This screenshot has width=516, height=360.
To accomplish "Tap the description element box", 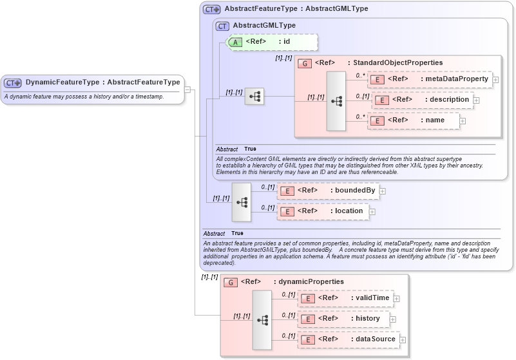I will coord(423,100).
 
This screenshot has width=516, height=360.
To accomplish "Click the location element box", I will coord(323,211).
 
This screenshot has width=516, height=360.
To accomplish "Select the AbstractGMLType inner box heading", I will coord(264,25).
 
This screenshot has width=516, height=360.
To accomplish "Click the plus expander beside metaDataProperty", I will coord(496,80).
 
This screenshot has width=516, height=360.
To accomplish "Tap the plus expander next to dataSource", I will coord(403,340).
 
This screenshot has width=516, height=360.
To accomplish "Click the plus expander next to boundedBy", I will coord(383,191).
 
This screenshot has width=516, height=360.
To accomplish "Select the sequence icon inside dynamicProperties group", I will coord(262,319).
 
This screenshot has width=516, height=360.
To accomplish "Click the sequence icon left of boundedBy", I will coord(242,202).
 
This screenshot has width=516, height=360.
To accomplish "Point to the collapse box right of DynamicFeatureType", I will coord(187,90).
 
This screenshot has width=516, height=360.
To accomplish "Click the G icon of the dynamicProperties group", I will coord(230,282).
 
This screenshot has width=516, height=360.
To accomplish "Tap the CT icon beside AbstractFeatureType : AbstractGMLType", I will coord(212,10).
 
